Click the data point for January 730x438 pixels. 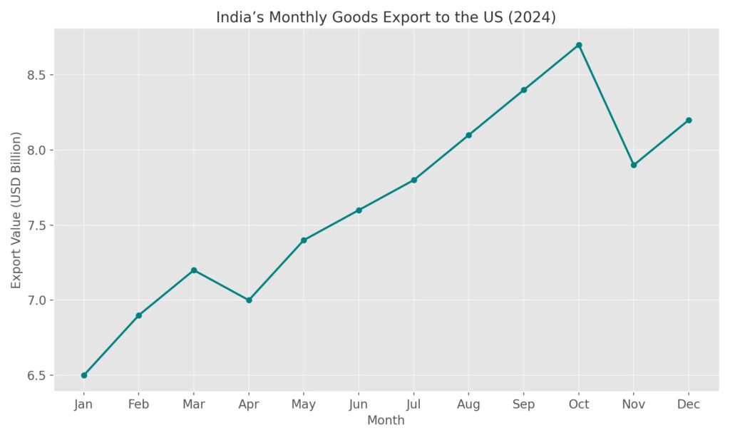pyautogui.click(x=84, y=375)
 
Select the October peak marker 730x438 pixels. pyautogui.click(x=579, y=45)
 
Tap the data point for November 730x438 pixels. pyautogui.click(x=634, y=165)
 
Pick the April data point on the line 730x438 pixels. pyautogui.click(x=249, y=300)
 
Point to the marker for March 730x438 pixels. pyautogui.click(x=194, y=270)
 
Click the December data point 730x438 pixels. pyautogui.click(x=689, y=120)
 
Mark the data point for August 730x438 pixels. pyautogui.click(x=468, y=135)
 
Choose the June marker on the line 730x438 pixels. pyautogui.click(x=359, y=210)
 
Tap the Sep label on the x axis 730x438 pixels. pyautogui.click(x=524, y=404)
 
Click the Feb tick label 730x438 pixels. pyautogui.click(x=139, y=404)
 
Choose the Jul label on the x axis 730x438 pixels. pyautogui.click(x=413, y=404)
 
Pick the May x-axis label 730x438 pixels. pyautogui.click(x=304, y=404)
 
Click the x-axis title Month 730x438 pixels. pyautogui.click(x=386, y=421)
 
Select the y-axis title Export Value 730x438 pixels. pyautogui.click(x=16, y=210)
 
